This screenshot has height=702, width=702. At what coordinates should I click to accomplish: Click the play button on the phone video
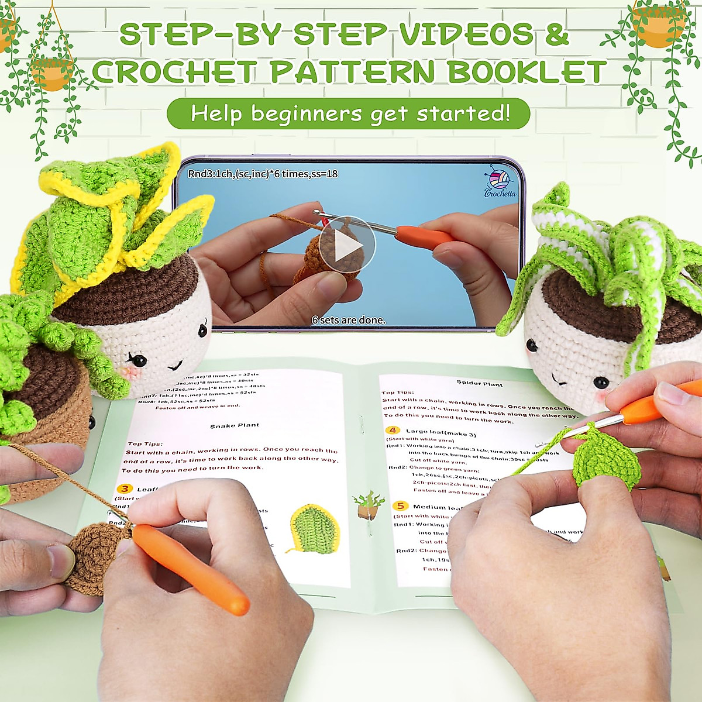(x=347, y=244)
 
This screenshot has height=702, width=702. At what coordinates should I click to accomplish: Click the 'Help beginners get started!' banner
(x=349, y=113)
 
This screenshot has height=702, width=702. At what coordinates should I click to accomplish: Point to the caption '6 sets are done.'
(x=349, y=320)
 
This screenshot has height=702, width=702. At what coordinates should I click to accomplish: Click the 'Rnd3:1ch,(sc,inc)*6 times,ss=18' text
(x=263, y=174)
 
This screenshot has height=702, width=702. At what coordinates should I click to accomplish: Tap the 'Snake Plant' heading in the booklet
(x=235, y=425)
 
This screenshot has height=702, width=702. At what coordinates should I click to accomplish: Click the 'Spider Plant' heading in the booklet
(x=480, y=384)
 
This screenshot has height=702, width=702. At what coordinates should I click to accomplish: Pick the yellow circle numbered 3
(x=125, y=489)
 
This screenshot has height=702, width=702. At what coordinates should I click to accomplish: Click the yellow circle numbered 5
(x=400, y=505)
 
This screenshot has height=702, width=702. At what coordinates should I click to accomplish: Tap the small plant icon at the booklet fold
(x=367, y=504)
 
